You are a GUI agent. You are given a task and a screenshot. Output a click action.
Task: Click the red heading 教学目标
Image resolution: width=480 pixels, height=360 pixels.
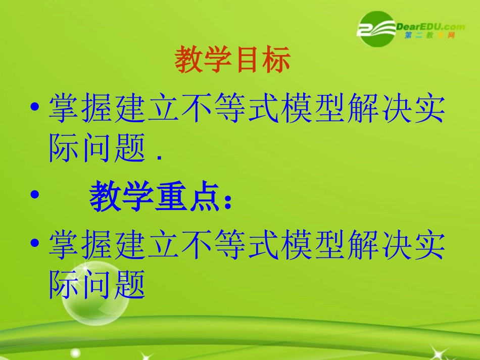tap(233, 61)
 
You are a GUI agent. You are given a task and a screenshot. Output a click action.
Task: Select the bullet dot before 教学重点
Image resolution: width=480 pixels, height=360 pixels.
tap(34, 195)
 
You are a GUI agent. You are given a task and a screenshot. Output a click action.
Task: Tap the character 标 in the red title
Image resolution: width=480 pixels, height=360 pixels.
tap(276, 61)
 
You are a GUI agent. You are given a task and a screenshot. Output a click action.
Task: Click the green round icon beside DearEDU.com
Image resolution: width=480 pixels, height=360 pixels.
tap(376, 29)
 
